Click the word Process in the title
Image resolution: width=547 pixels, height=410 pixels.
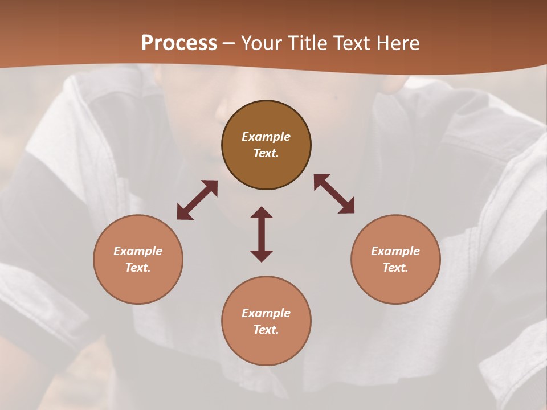pos(179,43)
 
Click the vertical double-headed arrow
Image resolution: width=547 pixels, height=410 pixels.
pos(262,234)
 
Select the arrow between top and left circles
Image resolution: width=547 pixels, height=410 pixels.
pos(197,199)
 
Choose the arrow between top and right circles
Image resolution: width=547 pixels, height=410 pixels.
pos(334,194)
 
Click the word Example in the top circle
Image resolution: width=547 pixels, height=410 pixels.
pos(266,137)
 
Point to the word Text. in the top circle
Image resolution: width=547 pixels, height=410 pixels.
pos(266,153)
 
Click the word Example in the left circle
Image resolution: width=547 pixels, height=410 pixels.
pos(138,251)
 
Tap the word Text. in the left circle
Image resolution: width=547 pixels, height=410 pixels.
pos(138,268)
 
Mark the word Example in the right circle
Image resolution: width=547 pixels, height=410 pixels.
pos(395,251)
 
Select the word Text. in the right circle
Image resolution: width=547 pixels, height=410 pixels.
pos(395,268)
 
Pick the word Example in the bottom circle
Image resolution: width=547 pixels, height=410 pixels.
pos(266,313)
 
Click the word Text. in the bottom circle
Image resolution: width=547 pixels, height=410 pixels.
pos(266,330)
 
